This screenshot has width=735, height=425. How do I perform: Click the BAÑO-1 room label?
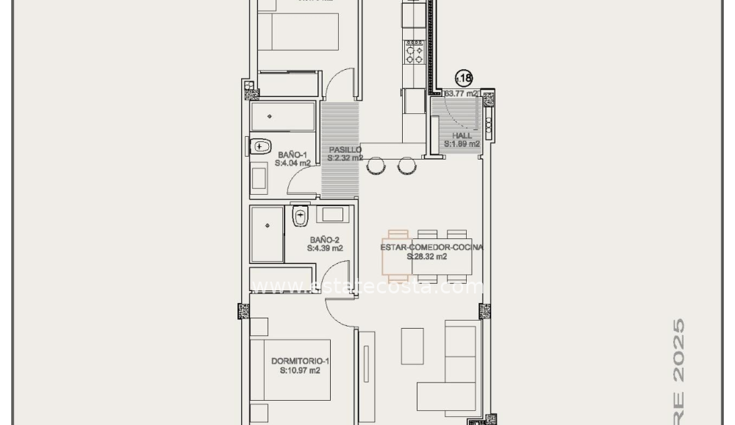click(293, 154)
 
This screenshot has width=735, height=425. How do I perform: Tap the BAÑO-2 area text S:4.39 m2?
click(325, 249)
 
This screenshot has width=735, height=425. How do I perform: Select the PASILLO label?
click(345, 149)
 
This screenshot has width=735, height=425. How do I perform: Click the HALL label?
click(462, 136)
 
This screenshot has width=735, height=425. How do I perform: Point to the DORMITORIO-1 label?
click(300, 361)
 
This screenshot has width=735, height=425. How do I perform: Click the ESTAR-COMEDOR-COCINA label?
click(431, 248)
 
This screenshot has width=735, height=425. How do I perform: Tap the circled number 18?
click(464, 77)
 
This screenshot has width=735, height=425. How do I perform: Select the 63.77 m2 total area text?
click(462, 94)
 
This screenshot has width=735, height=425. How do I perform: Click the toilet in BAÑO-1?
click(260, 146)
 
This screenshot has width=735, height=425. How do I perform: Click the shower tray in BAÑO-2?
click(267, 234)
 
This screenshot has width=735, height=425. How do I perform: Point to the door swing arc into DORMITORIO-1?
click(340, 312)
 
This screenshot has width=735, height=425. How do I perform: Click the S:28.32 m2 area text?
click(427, 257)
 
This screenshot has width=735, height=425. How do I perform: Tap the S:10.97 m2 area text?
click(300, 371)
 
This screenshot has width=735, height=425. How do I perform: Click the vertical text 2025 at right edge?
click(680, 349)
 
